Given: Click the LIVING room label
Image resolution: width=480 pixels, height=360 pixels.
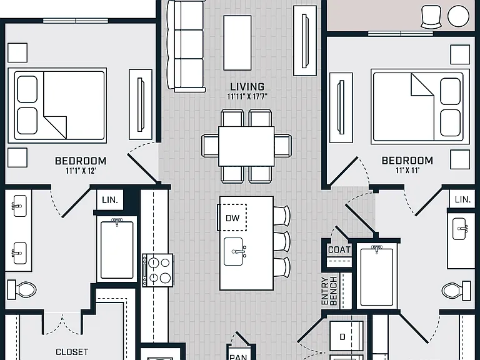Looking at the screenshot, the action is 247,87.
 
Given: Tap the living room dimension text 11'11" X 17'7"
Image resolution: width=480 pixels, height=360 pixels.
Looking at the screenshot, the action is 247,97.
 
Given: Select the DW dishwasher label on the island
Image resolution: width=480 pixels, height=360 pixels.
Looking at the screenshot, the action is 232,218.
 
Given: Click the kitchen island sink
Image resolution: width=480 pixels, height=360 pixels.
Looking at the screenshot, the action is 234,252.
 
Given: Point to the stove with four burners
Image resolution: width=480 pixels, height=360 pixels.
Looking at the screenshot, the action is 157,270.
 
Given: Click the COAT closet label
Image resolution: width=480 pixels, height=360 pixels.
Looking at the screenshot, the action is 339,250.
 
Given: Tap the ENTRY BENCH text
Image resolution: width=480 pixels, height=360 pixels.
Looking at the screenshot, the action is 329,291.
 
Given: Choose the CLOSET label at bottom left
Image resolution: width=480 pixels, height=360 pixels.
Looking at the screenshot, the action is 72,352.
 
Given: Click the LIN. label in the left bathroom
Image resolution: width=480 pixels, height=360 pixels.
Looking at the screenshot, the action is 110,200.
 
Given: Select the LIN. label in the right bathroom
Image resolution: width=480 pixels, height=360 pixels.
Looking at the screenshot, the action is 462,199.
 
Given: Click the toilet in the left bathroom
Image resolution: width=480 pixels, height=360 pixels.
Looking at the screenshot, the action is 22,289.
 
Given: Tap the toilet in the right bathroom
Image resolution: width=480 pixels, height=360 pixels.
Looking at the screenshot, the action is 456,290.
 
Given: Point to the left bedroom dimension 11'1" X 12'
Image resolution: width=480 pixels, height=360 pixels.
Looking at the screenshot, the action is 81,171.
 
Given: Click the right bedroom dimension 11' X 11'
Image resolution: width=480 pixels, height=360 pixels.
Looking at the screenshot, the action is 407,170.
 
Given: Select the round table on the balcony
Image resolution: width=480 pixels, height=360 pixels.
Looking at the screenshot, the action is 458,16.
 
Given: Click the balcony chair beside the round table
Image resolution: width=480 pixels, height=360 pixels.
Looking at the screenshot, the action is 431,17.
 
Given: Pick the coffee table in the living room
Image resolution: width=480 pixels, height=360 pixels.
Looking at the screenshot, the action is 237,43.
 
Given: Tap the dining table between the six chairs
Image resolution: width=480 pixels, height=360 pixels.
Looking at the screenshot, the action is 246,146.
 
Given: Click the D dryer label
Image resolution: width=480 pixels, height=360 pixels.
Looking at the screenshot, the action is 342,337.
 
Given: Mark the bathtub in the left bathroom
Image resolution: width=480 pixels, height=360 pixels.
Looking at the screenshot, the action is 117,249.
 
